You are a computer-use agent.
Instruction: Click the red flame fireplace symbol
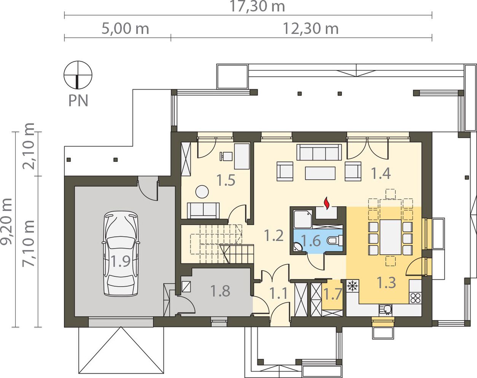pyautogui.click(x=326, y=203)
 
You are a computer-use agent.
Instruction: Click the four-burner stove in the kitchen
pyautogui.click(x=415, y=298)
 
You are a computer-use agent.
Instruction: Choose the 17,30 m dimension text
pyautogui.click(x=258, y=6)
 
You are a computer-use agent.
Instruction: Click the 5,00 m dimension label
pyautogui.click(x=125, y=29)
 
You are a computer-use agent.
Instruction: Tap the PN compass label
pyautogui.click(x=78, y=100)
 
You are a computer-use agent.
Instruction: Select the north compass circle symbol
pyautogui.click(x=78, y=75)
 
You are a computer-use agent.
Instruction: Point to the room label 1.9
pyautogui.click(x=121, y=261)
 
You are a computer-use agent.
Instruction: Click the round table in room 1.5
pyautogui.click(x=202, y=191)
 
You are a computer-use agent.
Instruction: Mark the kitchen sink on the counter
pyautogui.click(x=386, y=310)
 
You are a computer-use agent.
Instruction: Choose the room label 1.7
pyautogui.click(x=333, y=294)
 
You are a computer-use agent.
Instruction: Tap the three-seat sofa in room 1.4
pyautogui.click(x=319, y=152)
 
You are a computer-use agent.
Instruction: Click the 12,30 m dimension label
pyautogui.click(x=311, y=29)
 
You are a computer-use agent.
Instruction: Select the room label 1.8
pyautogui.click(x=220, y=291)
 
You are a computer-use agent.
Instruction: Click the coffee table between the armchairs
pyautogui.click(x=320, y=173)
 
